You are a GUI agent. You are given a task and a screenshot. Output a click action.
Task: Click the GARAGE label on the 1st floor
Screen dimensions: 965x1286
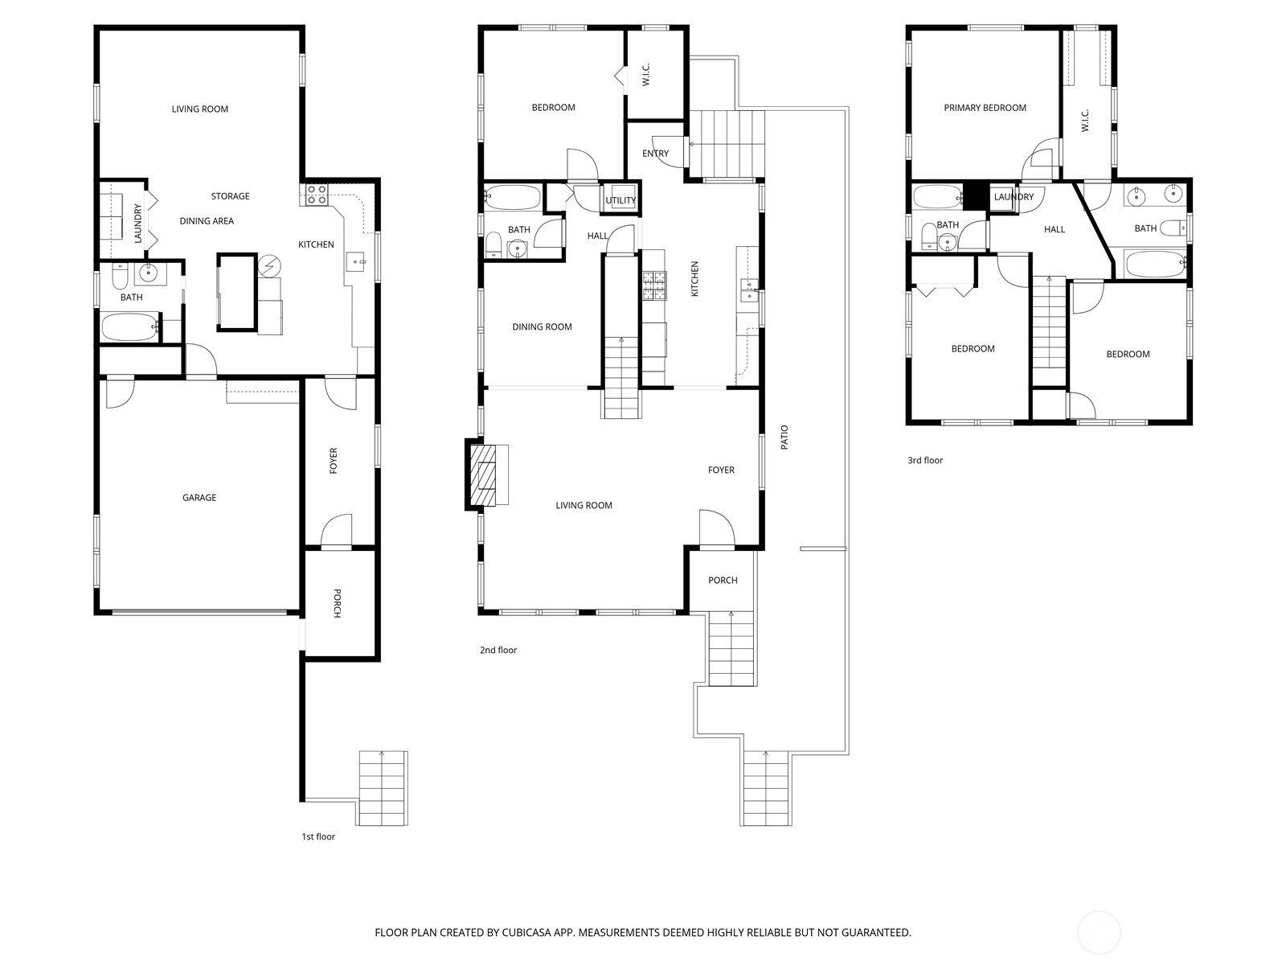tap(199, 498)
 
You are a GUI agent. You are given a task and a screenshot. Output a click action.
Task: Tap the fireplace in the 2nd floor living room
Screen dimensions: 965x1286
tap(485, 474)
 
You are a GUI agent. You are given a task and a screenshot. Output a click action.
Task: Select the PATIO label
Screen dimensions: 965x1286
tap(784, 437)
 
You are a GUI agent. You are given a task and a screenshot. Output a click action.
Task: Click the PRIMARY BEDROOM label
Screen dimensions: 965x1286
tap(985, 108)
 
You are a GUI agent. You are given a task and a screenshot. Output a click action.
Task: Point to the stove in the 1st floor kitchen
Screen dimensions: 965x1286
tap(316, 194)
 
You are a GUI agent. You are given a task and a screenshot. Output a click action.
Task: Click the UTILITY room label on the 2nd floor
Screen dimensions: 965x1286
tap(620, 200)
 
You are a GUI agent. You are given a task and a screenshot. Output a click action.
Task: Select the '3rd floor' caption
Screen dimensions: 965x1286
tap(924, 461)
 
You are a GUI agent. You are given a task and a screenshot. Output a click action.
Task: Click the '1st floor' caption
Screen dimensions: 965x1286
tap(318, 837)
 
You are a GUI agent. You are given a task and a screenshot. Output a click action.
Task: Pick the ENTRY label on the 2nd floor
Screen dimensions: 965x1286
tap(655, 154)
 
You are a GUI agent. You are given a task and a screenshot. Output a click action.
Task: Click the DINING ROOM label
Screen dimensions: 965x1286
tap(542, 327)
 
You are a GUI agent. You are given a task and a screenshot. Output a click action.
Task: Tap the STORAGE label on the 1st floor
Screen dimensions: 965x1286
tap(230, 196)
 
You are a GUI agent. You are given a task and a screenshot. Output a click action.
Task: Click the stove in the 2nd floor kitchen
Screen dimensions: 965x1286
tap(653, 285)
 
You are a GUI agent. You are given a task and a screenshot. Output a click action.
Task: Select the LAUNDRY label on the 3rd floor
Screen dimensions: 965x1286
tap(1013, 197)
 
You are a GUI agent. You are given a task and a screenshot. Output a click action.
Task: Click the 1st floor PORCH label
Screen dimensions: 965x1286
tap(337, 604)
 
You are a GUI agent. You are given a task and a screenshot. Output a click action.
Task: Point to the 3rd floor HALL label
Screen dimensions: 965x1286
tap(1054, 230)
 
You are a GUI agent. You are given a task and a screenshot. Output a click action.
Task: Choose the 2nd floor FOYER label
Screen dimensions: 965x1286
tap(720, 470)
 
